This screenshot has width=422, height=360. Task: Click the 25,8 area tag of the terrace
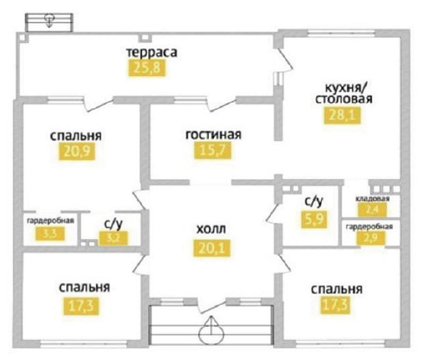click(x=147, y=68)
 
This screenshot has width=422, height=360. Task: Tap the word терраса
click(x=151, y=53)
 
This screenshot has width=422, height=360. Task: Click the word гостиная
click(x=214, y=135)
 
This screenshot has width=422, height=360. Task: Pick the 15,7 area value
click(x=212, y=150)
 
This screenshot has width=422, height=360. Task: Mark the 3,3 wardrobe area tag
click(x=52, y=234)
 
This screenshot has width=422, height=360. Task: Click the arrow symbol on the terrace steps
click(x=49, y=20)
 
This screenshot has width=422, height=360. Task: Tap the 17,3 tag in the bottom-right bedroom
click(x=336, y=304)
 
